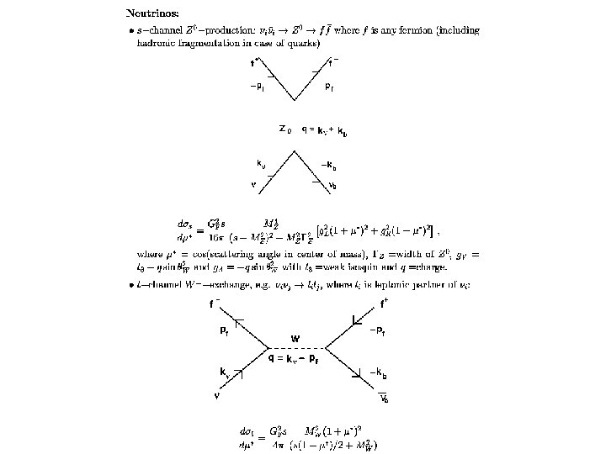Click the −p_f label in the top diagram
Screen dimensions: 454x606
(x=258, y=87)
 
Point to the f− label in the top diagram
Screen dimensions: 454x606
(x=333, y=61)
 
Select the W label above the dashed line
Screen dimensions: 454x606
(x=295, y=339)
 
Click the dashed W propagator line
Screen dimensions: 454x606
(x=296, y=348)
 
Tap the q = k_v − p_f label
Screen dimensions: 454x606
(x=293, y=359)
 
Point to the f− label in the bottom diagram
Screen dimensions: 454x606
(x=215, y=304)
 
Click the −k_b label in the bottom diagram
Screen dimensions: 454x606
(x=379, y=372)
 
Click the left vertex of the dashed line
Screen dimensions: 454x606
(x=268, y=348)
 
